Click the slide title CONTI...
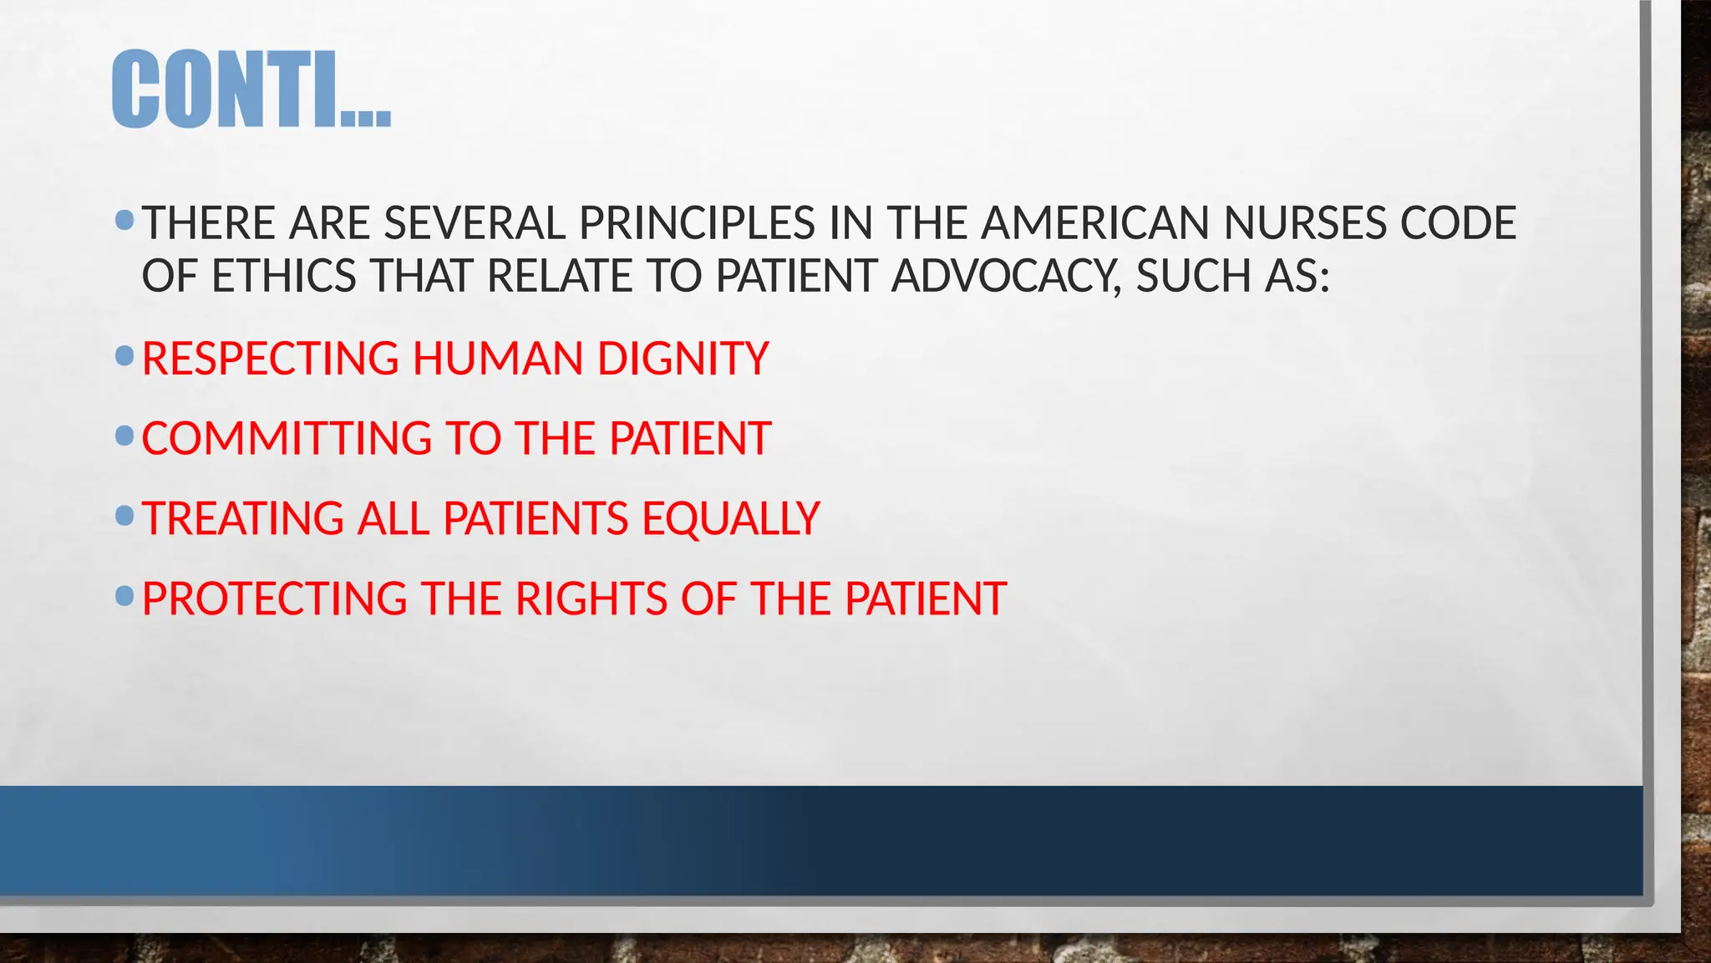pos(251,89)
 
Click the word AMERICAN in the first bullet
pos(1094,224)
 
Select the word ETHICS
pos(284,277)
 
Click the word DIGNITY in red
pos(683,359)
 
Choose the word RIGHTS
pos(591,599)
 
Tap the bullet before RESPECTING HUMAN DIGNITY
pos(124,356)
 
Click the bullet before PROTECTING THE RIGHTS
pos(124,596)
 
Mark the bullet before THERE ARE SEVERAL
pos(124,221)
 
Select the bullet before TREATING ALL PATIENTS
pos(124,516)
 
